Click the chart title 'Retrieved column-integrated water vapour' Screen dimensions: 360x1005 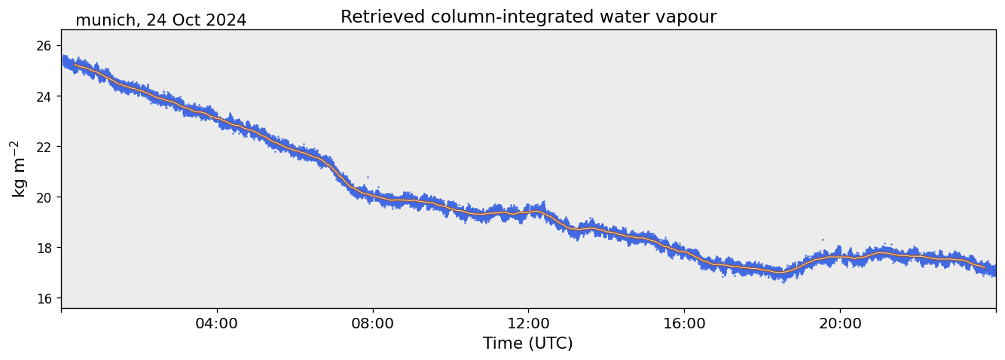528,17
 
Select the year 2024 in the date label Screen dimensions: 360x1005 226,20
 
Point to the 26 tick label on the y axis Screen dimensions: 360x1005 44,46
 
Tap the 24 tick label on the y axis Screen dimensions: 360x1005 44,96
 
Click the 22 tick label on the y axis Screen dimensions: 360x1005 44,147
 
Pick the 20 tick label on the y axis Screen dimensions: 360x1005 44,197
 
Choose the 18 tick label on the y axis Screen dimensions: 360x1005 44,248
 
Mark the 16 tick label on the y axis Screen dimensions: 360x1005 44,298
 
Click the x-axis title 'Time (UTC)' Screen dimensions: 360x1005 528,343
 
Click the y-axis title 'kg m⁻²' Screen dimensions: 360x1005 18,169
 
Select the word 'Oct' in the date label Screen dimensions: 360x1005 187,20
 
